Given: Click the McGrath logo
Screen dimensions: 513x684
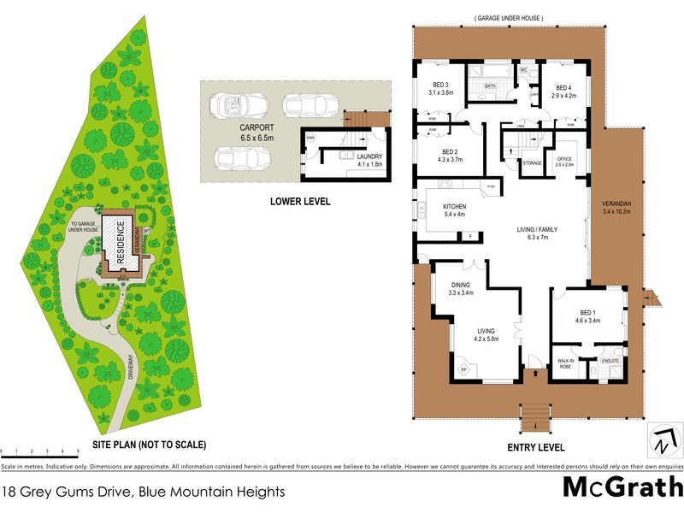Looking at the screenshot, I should click(x=622, y=488).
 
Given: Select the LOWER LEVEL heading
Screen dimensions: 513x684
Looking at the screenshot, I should click(x=299, y=202).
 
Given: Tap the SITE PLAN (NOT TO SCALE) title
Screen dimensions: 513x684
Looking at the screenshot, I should click(x=149, y=445).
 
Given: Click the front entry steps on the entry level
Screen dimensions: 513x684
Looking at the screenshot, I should click(x=535, y=416).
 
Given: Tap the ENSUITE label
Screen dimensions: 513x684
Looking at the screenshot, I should click(x=610, y=362).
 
